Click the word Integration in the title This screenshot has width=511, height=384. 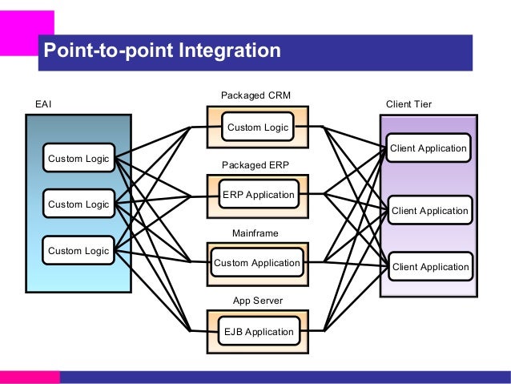[230, 51]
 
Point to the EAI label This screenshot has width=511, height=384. [43, 104]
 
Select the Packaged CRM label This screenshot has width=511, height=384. [255, 95]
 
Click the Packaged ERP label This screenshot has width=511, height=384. [255, 165]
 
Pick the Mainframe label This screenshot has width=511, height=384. [255, 233]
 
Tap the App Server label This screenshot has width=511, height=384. [258, 301]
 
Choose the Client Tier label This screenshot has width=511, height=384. [408, 104]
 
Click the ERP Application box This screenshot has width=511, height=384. [259, 194]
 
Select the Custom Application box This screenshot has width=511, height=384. [257, 263]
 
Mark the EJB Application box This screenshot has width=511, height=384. [259, 331]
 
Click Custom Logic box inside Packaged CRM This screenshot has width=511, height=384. [258, 127]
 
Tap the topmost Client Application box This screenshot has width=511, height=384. [429, 148]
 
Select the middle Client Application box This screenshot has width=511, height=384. [430, 210]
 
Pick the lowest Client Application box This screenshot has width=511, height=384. [430, 266]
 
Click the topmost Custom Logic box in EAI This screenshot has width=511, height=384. [78, 158]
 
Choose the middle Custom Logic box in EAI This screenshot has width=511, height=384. [78, 204]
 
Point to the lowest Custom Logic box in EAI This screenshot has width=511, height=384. [78, 250]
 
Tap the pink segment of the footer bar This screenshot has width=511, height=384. [30, 377]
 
